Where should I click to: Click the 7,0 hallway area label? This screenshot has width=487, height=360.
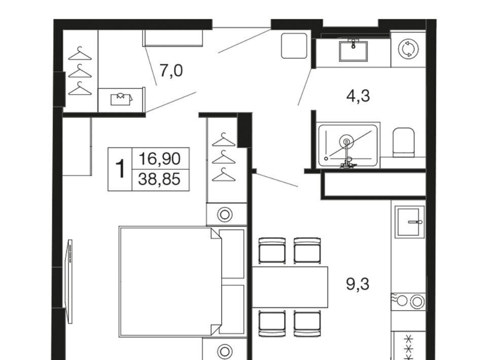coord(171,71)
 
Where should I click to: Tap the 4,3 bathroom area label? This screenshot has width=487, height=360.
coord(358,96)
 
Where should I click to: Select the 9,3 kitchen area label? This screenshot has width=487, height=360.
coord(358,284)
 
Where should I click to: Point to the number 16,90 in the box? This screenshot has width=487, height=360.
coord(159,159)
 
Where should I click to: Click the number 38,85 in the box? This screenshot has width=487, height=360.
coord(159,179)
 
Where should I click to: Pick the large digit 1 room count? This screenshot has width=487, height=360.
coord(120,169)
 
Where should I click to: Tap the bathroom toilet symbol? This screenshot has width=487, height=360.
coord(403,142)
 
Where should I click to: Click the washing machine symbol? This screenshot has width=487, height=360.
coord(408,49)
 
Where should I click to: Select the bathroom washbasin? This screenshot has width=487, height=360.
coord(353,50)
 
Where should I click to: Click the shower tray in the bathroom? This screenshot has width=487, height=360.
coord(348,145)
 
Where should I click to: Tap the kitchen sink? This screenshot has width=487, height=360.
coord(409,222)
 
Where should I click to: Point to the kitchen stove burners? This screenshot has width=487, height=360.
coord(408,301)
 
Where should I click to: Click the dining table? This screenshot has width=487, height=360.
coord(290,287)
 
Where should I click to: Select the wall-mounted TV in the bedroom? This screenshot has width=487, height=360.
coord(68,281)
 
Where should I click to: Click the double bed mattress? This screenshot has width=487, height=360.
coord(170,281)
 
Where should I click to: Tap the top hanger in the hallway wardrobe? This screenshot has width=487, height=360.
coord(80,53)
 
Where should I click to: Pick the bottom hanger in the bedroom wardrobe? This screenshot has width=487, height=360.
coord(224,175)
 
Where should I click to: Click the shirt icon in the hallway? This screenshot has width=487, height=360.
coord(121,99)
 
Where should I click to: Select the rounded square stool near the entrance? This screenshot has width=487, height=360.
coord(294,46)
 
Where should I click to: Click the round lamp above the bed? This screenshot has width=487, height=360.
coord(225,214)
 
